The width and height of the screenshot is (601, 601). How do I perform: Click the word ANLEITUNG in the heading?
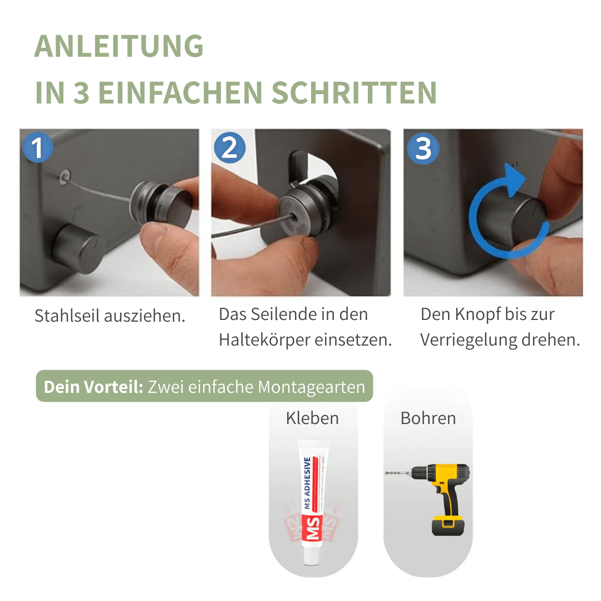point(119,46)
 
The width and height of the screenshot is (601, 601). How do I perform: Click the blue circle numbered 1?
point(37,148)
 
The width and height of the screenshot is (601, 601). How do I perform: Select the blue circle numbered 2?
point(229,148)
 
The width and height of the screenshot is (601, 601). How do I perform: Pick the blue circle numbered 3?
point(423,148)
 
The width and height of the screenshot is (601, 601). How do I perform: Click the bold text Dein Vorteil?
point(93,387)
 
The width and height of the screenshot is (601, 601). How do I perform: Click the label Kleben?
point(312,418)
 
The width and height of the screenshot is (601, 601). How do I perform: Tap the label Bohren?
point(428,418)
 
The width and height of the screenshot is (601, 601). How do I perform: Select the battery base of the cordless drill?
point(449,525)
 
